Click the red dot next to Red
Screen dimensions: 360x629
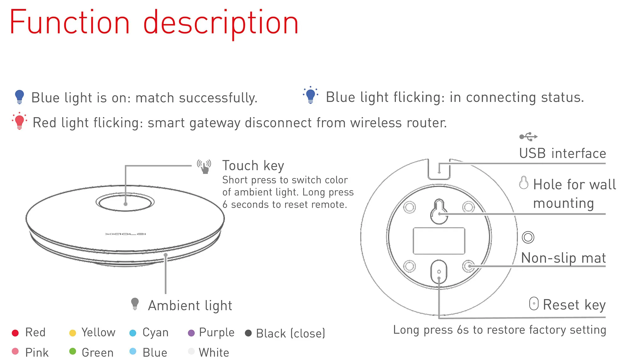(15, 333)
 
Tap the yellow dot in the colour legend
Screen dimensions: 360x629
(73, 333)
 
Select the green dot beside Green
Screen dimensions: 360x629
(73, 352)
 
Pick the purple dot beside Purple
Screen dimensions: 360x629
(191, 333)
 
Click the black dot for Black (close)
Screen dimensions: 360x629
(248, 333)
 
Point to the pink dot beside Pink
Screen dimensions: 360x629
(15, 352)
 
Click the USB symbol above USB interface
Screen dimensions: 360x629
(528, 137)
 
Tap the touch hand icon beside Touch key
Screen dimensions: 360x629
(204, 166)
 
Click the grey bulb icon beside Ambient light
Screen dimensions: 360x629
(135, 304)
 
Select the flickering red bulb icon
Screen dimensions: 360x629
(19, 121)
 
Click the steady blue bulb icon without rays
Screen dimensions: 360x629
(19, 97)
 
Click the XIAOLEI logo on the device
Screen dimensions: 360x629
(125, 234)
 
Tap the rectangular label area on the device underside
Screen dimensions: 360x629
(439, 241)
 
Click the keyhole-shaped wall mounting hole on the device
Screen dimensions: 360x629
(439, 211)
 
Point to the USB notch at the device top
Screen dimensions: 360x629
(439, 169)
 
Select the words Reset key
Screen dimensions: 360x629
(574, 305)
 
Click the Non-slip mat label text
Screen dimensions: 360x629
(563, 258)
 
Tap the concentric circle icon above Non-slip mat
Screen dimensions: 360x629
(528, 237)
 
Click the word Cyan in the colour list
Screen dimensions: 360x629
(155, 333)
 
